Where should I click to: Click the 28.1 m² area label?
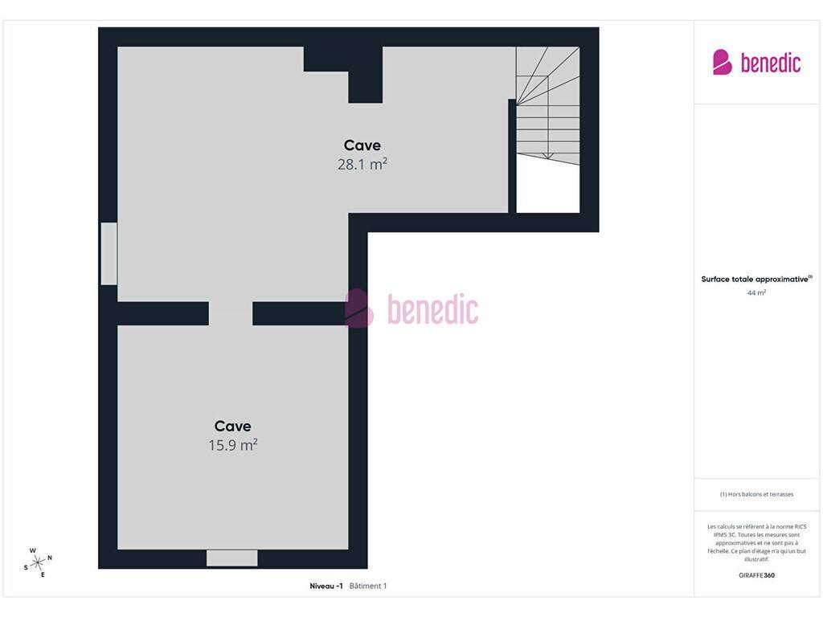tap(362, 164)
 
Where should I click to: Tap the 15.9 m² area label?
tap(233, 445)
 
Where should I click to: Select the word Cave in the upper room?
tap(362, 145)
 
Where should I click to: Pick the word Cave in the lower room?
tap(232, 426)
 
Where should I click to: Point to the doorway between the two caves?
tap(231, 313)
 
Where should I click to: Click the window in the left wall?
tap(109, 253)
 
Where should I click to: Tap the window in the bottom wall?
tap(232, 558)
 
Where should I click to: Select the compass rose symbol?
tap(38, 563)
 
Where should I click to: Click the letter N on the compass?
tap(50, 558)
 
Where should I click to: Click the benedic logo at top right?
tap(756, 63)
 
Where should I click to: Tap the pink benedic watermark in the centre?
tap(411, 308)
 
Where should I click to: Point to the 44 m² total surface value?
tap(756, 292)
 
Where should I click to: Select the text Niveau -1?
tap(326, 586)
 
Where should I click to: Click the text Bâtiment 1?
tap(368, 586)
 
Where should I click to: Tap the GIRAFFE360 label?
tap(756, 575)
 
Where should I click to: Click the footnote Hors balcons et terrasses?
tap(756, 494)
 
